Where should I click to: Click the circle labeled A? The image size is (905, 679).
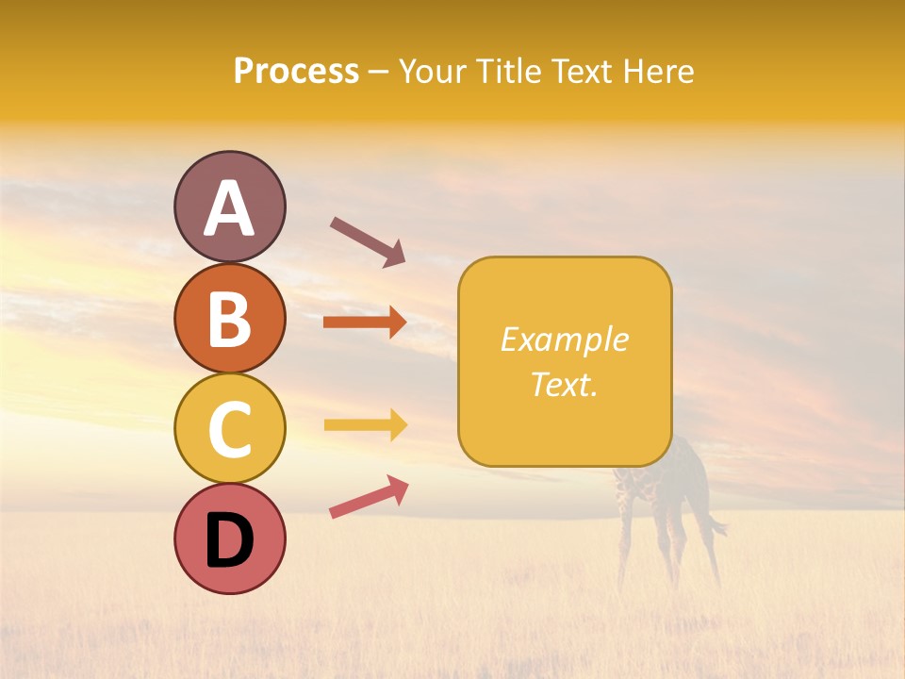(x=229, y=207)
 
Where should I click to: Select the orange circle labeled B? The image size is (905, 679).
(x=229, y=318)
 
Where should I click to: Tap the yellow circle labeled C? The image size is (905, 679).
(x=229, y=428)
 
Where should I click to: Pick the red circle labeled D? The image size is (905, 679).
(x=229, y=538)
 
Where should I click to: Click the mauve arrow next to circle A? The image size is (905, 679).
(x=368, y=241)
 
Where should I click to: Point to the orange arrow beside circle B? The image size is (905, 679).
(x=365, y=323)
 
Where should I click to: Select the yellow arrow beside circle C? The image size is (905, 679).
(x=365, y=424)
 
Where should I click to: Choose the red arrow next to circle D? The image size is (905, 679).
(x=369, y=497)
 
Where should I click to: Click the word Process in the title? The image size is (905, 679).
(x=296, y=72)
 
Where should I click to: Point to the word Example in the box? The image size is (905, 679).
(x=565, y=339)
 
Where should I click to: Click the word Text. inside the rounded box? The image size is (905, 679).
(x=565, y=384)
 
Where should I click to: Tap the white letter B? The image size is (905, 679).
(x=229, y=318)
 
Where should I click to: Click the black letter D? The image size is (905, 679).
(x=229, y=540)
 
